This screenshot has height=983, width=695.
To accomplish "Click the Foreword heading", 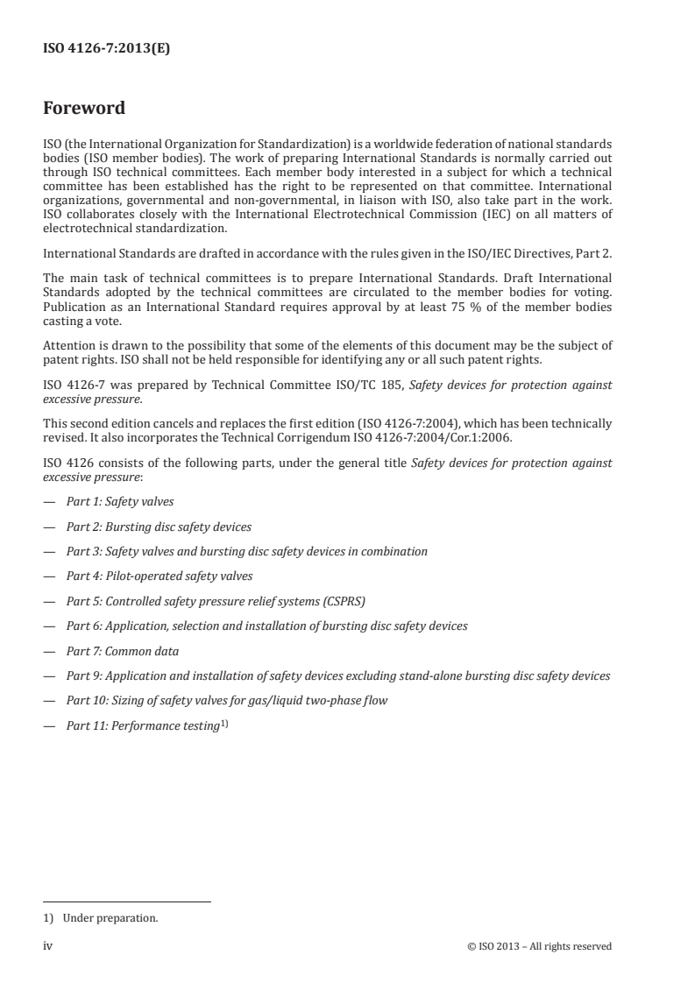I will tap(84, 109).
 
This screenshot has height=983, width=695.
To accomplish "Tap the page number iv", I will tap(49, 946).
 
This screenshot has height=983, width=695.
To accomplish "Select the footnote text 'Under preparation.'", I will tap(110, 919).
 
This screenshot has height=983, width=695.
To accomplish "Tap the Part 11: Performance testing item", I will tap(142, 726).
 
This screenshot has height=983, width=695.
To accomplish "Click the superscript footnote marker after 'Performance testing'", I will tap(224, 724).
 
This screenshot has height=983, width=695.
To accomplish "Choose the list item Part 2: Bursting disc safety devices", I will tap(159, 527).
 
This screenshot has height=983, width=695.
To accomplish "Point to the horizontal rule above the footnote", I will tap(127, 902).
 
